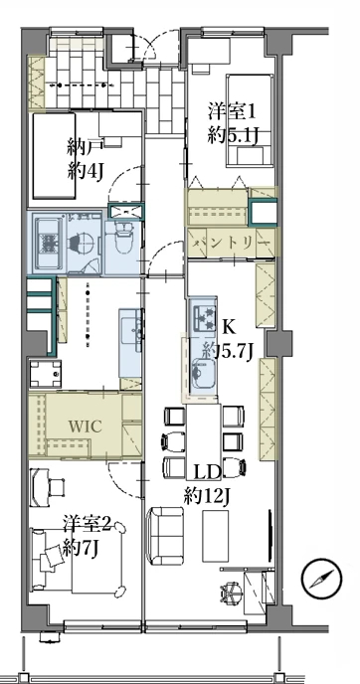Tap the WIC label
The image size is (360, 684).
tap(85, 427)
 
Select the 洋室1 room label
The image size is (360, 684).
tap(231, 112)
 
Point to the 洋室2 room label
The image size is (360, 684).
tap(87, 524)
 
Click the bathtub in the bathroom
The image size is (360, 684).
tap(47, 244)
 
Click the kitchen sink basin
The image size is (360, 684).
tap(203, 371)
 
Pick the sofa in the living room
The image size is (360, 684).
tap(166, 536)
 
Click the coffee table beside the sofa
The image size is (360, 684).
tap(215, 536)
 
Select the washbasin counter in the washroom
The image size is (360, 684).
tap(130, 342)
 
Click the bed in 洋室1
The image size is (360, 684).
tap(250, 120)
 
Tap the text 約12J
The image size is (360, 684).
tap(207, 496)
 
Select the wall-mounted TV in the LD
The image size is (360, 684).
tap(270, 537)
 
